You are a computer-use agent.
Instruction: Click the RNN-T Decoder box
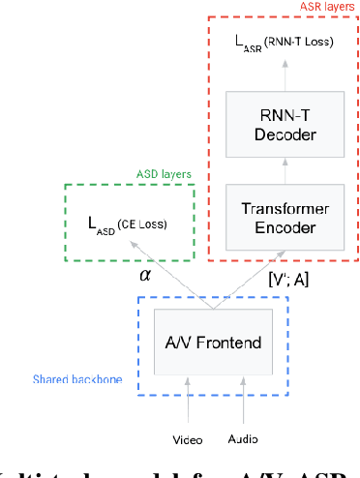coord(279,124)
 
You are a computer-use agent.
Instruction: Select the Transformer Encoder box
coord(279,218)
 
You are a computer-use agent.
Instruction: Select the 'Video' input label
coord(188,439)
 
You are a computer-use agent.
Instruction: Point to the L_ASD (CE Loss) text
coord(127,224)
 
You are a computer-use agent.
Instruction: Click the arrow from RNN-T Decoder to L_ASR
coord(279,75)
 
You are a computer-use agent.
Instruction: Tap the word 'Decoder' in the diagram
coord(279,134)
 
